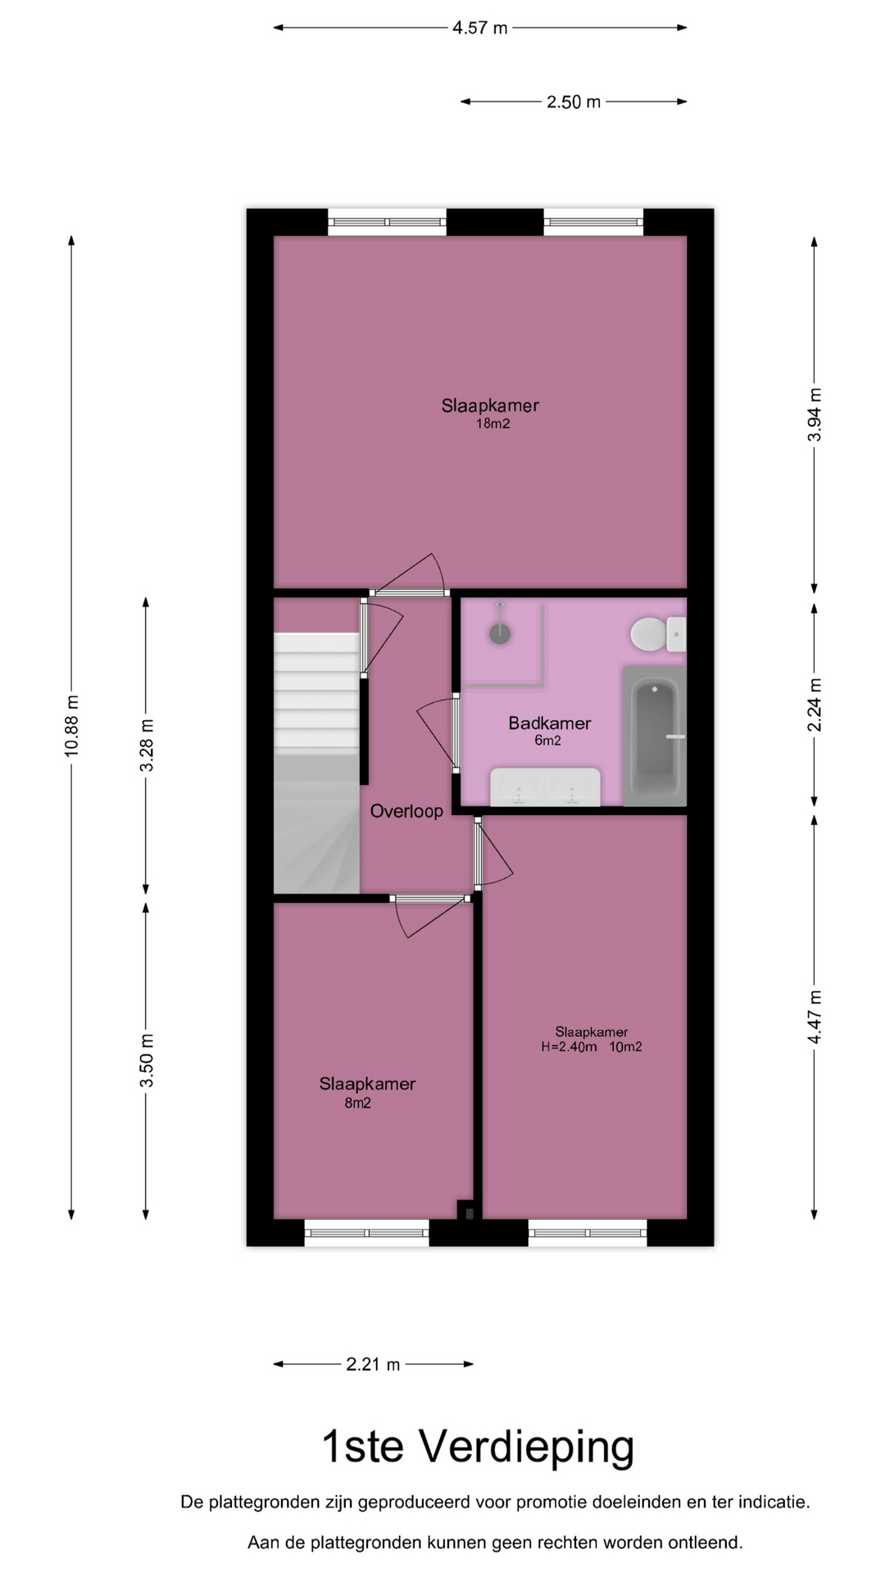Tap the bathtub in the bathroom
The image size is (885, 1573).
pyautogui.click(x=655, y=736)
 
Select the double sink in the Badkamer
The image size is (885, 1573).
pyautogui.click(x=545, y=787)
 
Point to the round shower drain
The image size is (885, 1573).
pyautogui.click(x=499, y=632)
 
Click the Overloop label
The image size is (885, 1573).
pyautogui.click(x=406, y=811)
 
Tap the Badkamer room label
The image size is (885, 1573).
pyautogui.click(x=549, y=723)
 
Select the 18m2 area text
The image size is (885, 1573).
pyautogui.click(x=492, y=424)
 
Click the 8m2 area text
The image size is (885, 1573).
pyautogui.click(x=357, y=1103)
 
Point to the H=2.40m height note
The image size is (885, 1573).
pyautogui.click(x=569, y=1046)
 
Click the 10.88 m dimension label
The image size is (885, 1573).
pyautogui.click(x=72, y=726)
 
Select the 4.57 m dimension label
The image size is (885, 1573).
pyautogui.click(x=480, y=28)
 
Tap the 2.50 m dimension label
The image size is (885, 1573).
pyautogui.click(x=574, y=102)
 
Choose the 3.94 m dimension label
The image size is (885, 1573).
pyautogui.click(x=815, y=415)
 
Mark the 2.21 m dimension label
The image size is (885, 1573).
pyautogui.click(x=373, y=1364)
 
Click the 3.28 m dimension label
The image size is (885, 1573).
pyautogui.click(x=147, y=745)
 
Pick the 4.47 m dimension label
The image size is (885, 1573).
pyautogui.click(x=815, y=1017)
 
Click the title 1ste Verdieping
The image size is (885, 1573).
pyautogui.click(x=478, y=1447)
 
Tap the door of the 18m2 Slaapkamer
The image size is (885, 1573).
pyautogui.click(x=409, y=592)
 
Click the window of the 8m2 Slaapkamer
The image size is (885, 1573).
pyautogui.click(x=367, y=1232)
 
